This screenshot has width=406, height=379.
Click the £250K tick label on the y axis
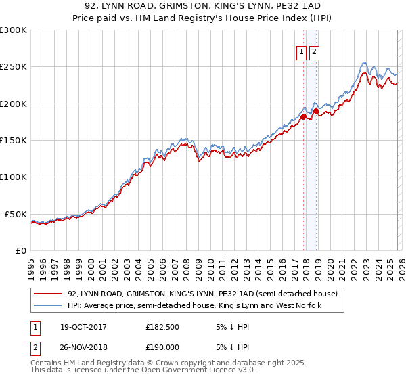[x=14, y=67]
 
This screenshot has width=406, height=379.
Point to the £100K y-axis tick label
[x=14, y=177]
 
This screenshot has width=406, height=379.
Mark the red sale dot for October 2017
[x=303, y=116]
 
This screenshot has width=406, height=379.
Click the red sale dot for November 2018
[x=316, y=111]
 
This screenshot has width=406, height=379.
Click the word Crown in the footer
[x=157, y=363]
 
